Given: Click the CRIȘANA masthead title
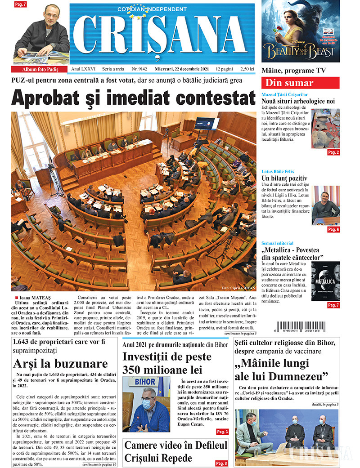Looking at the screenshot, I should [x=162, y=37].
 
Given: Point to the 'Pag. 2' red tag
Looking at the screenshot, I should [x=333, y=153].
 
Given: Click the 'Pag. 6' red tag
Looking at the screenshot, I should [x=333, y=230].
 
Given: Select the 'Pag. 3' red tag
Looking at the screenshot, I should [x=222, y=432].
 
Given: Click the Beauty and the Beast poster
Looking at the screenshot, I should [x=301, y=31].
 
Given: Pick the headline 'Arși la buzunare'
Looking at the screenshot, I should [x=60, y=363].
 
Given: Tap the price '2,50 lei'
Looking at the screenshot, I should [x=247, y=70].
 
